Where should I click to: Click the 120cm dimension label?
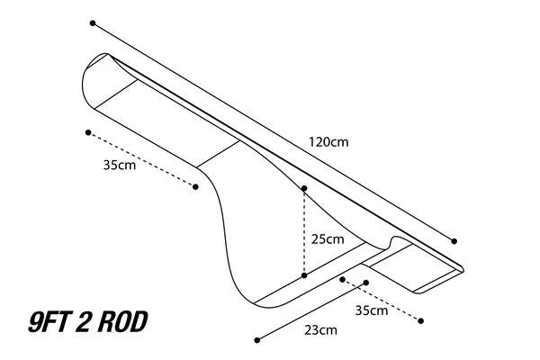point(328,142)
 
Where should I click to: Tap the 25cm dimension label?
point(328,239)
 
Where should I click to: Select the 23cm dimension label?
point(320,330)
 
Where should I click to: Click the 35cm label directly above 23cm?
point(371,310)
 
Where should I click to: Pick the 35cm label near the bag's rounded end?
point(119,165)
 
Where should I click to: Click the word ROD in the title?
point(122,322)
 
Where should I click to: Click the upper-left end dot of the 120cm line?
point(93,23)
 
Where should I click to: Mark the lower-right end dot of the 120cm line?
point(454,241)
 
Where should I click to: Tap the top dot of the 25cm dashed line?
point(304,188)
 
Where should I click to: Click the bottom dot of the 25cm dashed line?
point(304,275)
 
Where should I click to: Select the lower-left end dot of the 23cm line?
point(256,340)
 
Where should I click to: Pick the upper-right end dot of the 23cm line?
point(366,283)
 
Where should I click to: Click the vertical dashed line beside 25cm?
point(304,232)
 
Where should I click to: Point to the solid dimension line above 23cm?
point(311,311)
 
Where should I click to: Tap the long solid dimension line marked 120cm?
point(274,132)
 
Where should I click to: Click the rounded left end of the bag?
point(84,81)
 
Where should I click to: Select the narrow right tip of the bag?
point(463,269)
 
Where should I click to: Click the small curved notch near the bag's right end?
point(393,240)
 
